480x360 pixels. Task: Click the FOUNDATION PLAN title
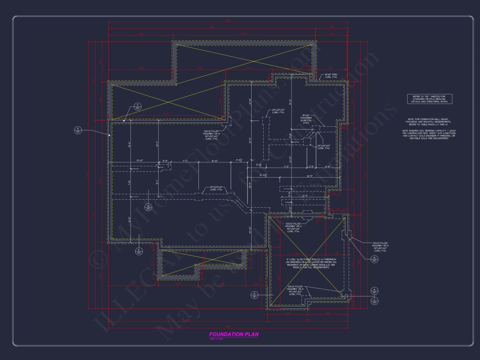[234, 334]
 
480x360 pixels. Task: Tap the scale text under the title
[216, 339]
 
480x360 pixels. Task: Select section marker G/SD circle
[148, 207]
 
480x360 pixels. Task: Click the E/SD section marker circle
[139, 251]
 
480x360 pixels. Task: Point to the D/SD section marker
[254, 295]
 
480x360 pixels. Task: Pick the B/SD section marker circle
[374, 259]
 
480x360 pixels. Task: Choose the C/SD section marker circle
[374, 301]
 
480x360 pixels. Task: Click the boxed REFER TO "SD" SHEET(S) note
[430, 99]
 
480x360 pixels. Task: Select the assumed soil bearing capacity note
[429, 134]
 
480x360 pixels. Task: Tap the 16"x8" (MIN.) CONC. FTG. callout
[331, 76]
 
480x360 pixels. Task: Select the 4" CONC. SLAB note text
[308, 263]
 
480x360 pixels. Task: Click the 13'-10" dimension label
[140, 161]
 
